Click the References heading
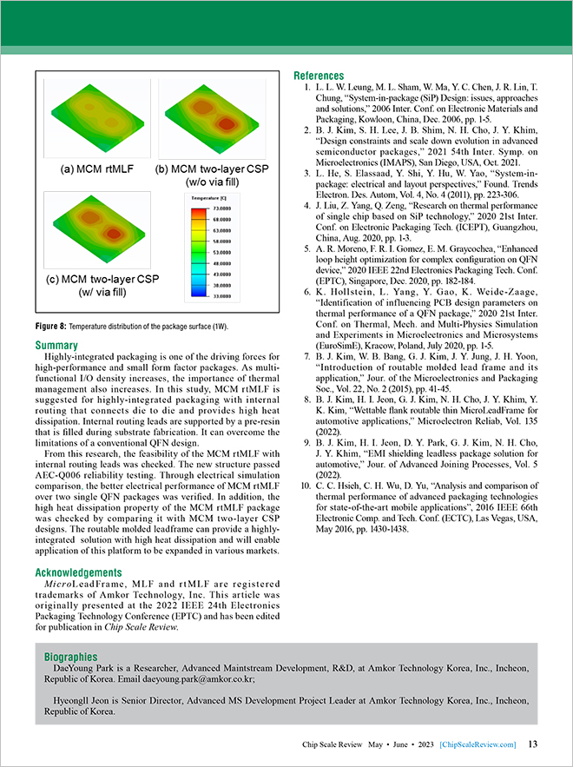(x=319, y=76)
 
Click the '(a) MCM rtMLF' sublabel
(x=90, y=167)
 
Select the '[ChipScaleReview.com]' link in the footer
(x=477, y=744)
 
